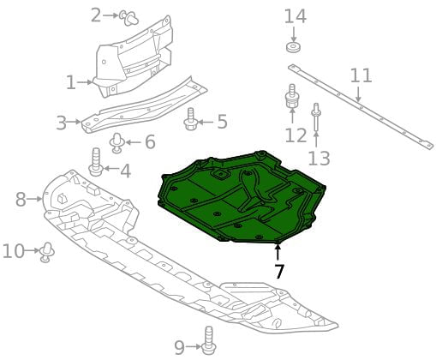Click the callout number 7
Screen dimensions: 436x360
[278, 271]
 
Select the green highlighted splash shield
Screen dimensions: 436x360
[242, 198]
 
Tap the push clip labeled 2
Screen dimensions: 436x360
[129, 18]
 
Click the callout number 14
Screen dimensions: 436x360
[296, 16]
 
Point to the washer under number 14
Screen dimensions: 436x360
[293, 47]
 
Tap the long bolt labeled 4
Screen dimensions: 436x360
[97, 162]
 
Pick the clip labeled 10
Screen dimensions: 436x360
[47, 252]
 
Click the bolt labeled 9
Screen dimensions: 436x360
[209, 341]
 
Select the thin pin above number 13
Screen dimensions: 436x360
[316, 117]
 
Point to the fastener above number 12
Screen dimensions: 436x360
[292, 96]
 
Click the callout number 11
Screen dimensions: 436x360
[361, 76]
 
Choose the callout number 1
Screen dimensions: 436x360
[71, 82]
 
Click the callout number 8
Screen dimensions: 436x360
[21, 200]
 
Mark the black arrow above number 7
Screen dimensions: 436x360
[278, 253]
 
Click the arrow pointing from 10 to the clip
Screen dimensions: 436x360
[32, 251]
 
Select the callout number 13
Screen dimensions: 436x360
[319, 159]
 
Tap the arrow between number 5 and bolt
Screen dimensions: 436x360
[205, 123]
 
